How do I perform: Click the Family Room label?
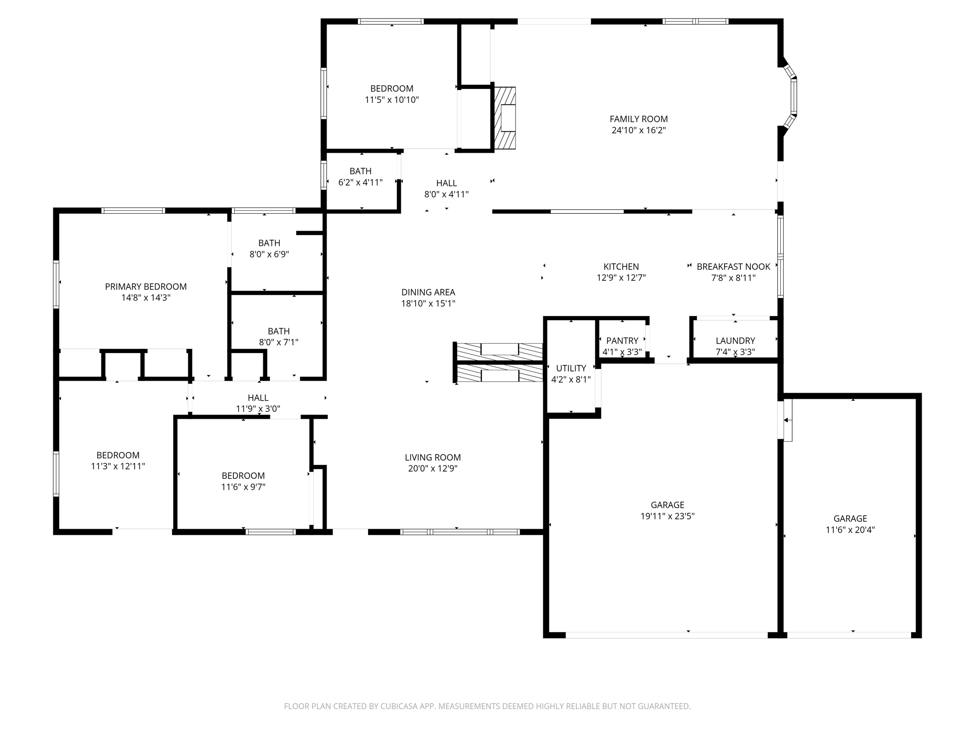click(x=638, y=119)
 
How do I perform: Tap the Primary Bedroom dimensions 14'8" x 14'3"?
click(x=146, y=298)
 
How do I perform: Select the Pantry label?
click(x=622, y=341)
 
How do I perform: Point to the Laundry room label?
click(x=735, y=341)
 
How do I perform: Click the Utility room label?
click(x=571, y=368)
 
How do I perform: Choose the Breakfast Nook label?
click(x=733, y=267)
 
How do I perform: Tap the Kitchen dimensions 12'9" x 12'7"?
click(x=621, y=278)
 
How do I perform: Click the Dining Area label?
click(x=428, y=292)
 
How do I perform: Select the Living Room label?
click(x=433, y=457)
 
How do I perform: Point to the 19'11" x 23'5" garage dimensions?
click(x=667, y=516)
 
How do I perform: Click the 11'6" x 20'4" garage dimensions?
click(x=850, y=530)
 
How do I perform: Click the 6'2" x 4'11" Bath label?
click(x=360, y=171)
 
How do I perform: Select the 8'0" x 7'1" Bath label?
click(x=279, y=331)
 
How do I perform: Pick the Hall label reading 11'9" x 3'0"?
click(x=258, y=398)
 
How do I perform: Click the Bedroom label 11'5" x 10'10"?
click(x=392, y=89)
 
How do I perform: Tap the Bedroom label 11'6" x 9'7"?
click(x=243, y=476)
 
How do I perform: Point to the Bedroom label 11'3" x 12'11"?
click(x=118, y=455)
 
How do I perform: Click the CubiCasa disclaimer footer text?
click(x=487, y=706)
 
